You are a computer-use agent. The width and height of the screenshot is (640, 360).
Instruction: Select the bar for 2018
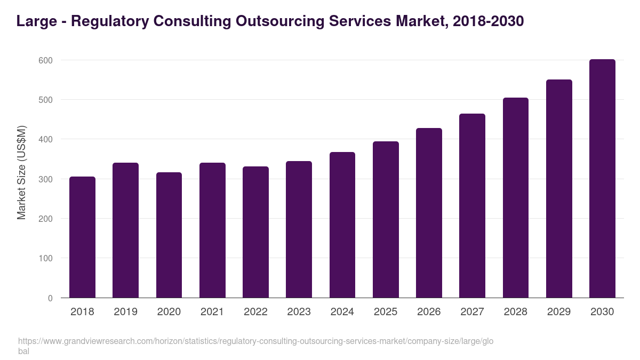point(82,237)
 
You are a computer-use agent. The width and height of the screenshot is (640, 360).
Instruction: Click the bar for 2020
point(169,235)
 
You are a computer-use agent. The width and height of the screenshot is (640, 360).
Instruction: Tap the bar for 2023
point(299,229)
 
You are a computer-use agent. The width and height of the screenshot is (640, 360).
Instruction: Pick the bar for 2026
point(429,213)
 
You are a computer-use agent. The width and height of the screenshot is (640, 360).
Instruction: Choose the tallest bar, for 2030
point(602,179)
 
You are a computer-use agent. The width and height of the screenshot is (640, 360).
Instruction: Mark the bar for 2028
point(516,198)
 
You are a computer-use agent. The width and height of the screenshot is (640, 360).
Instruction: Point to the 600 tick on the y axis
point(46,60)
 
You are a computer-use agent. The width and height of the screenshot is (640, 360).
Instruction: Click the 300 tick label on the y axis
point(46,179)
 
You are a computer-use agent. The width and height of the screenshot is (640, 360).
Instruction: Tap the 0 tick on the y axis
point(50,298)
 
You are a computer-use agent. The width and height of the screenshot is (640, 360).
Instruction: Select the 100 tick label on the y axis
point(46,259)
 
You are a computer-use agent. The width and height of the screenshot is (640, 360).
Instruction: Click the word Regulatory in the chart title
point(111,21)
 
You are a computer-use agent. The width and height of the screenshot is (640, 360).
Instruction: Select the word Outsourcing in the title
point(281,21)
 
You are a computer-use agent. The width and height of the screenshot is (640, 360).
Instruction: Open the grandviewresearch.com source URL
point(256,341)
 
